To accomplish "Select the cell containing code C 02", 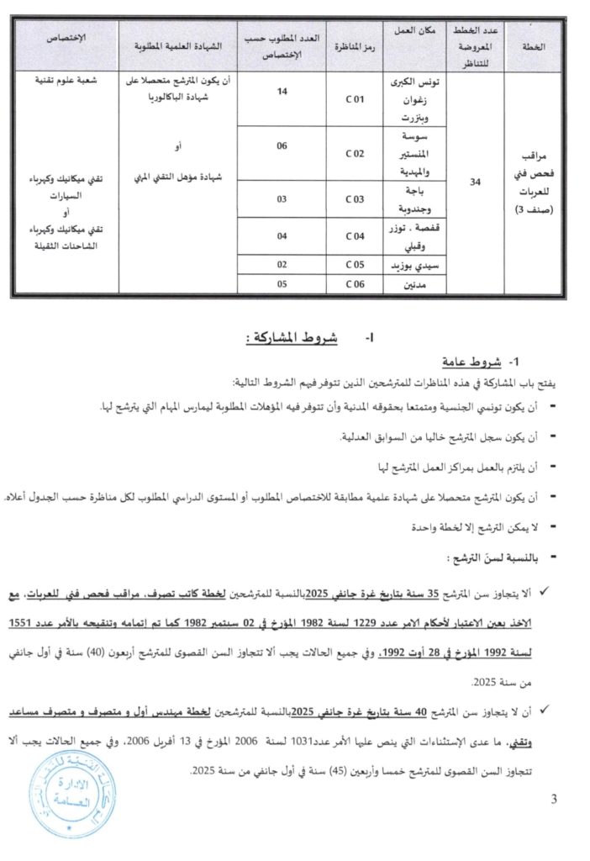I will (x=356, y=155).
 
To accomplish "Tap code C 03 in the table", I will (x=356, y=199).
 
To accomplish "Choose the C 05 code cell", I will (x=356, y=266).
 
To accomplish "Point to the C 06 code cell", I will (x=356, y=285).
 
